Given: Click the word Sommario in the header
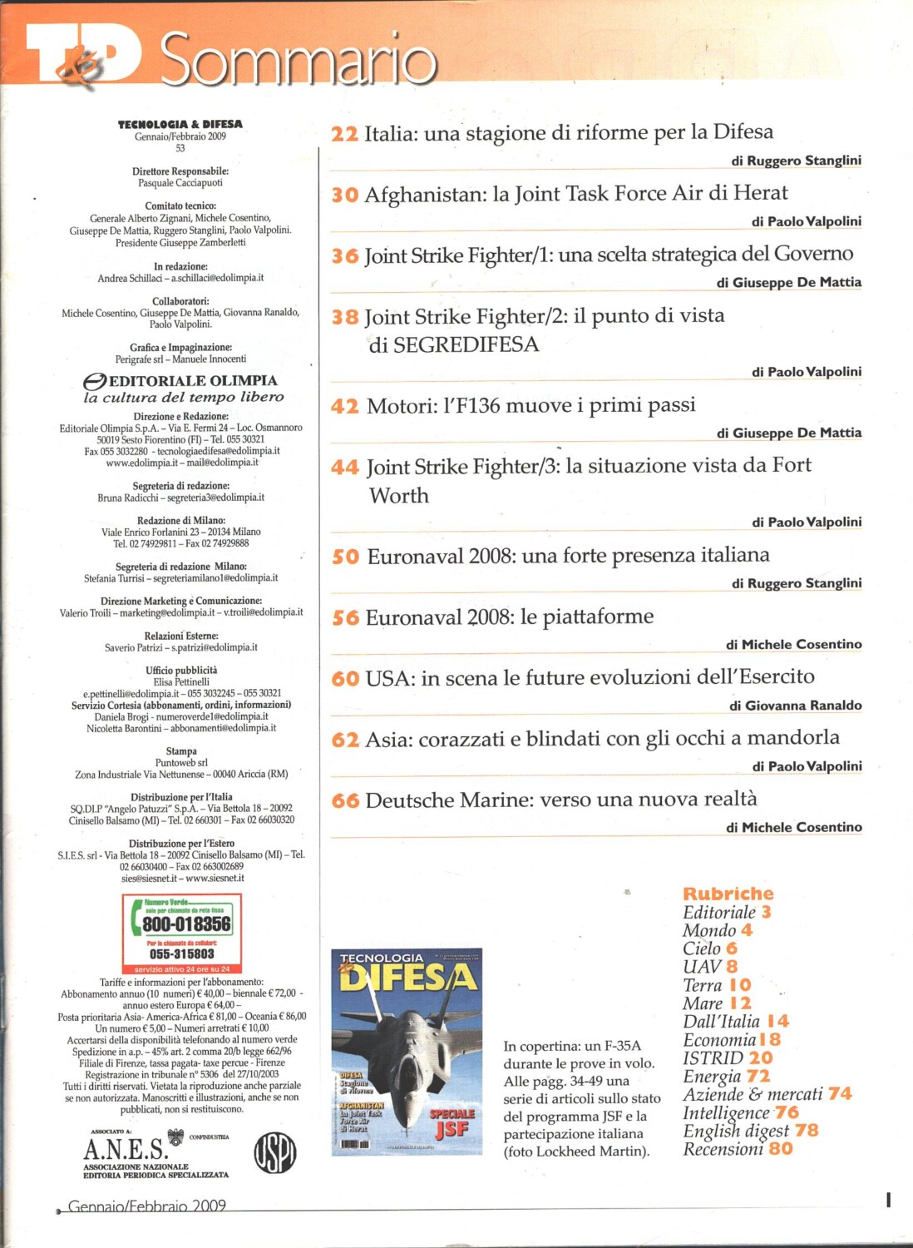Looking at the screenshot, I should tap(299, 60).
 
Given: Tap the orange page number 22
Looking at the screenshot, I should tap(344, 134).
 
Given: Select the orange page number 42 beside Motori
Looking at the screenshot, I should tap(344, 406).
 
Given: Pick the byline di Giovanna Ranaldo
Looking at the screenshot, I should tap(795, 706).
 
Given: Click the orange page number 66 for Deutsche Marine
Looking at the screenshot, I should tap(345, 800).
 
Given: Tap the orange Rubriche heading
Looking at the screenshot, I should tap(728, 894).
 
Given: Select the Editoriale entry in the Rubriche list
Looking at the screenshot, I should tap(719, 913).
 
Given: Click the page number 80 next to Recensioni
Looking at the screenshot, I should tap(781, 1149).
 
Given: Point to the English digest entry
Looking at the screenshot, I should tap(736, 1131).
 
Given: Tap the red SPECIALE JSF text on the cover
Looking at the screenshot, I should tap(452, 1122).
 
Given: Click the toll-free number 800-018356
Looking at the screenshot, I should tap(186, 924).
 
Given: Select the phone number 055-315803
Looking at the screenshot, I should tap(181, 954).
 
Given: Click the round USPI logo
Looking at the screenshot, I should tap(274, 1153).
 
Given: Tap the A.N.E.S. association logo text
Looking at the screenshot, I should tap(126, 1150).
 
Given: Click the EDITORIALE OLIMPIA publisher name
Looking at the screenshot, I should tap(193, 381).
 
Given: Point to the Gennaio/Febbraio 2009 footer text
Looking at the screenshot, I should tap(147, 1206).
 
